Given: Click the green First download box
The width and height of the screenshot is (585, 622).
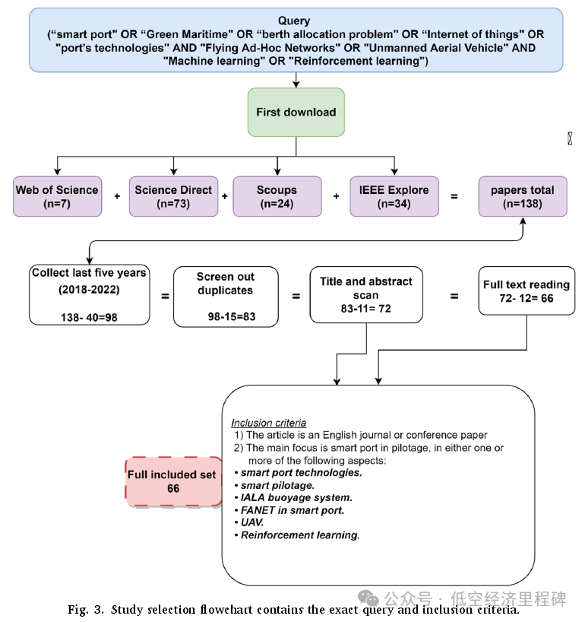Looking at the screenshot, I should [296, 113].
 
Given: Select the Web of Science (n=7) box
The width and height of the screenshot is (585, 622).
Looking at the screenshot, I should [57, 196].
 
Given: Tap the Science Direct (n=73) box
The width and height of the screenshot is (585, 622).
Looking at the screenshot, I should [173, 196].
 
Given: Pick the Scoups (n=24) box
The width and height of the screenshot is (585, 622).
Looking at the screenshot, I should [277, 196].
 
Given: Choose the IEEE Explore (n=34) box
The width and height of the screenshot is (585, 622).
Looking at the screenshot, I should [394, 196].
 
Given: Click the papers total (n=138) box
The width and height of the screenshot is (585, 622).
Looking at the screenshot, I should [522, 196].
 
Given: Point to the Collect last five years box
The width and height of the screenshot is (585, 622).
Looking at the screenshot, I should [89, 294].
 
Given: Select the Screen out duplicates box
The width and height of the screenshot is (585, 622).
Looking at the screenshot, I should [225, 296].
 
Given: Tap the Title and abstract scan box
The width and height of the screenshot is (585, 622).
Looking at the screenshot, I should [366, 294].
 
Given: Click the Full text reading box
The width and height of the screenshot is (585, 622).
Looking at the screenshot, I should [526, 290].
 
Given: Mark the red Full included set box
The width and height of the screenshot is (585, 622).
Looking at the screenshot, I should [171, 481].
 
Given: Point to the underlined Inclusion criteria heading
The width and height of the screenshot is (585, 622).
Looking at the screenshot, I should [269, 423].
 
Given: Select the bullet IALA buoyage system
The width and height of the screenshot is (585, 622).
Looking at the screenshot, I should [287, 497].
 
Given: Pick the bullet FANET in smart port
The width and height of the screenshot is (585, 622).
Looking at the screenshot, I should [292, 510].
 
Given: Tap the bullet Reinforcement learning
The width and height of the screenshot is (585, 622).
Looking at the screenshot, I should [299, 535].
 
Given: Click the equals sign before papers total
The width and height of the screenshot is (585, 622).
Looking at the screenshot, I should [454, 196].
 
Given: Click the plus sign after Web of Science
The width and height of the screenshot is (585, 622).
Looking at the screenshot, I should [116, 196].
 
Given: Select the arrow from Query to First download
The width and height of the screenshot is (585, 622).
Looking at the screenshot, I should [296, 80].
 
